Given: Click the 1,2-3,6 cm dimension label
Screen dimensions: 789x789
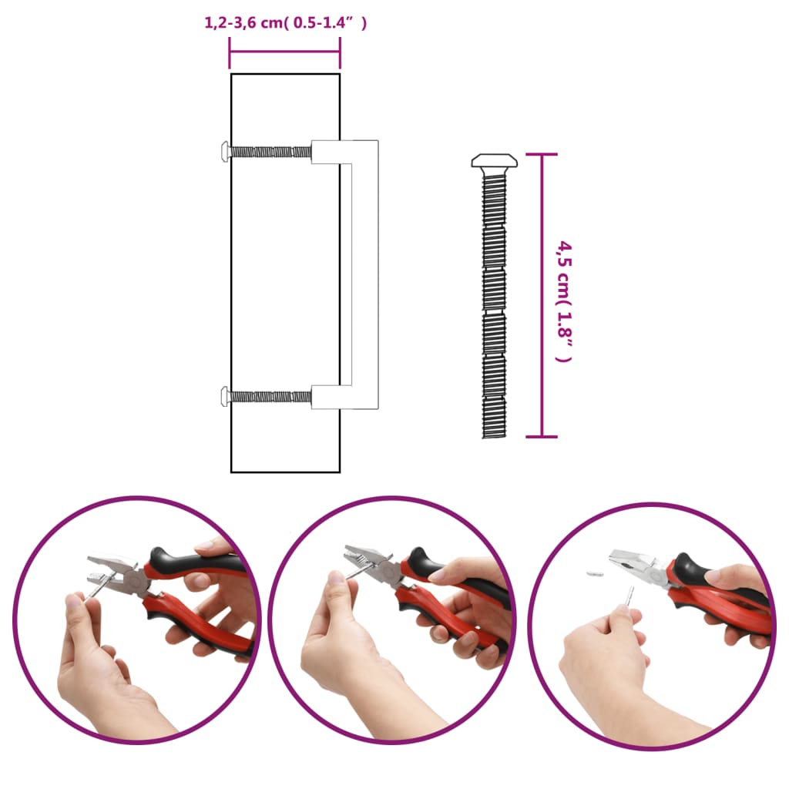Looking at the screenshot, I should click(x=285, y=23).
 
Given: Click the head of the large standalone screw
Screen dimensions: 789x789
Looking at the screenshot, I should click(x=493, y=162).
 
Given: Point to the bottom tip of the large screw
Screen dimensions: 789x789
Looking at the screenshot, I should click(x=493, y=435).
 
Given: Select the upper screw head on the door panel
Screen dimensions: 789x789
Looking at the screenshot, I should click(x=224, y=152).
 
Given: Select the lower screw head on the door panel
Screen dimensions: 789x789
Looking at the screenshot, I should click(x=224, y=397).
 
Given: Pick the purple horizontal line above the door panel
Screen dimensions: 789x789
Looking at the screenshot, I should click(x=285, y=52).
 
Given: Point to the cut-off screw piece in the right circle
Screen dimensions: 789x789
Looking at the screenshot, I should click(x=594, y=573).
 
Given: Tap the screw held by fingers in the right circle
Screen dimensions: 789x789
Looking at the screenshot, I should click(x=630, y=596).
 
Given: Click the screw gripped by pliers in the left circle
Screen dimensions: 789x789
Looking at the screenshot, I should click(x=96, y=589).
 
